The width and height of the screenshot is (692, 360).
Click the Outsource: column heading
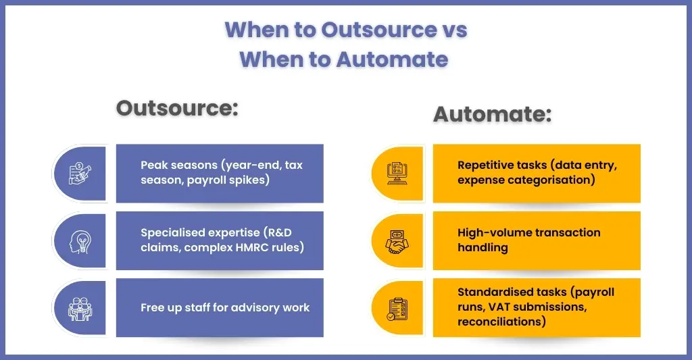(177, 109)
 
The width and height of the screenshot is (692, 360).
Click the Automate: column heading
(493, 114)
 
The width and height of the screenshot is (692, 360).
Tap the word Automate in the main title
(392, 59)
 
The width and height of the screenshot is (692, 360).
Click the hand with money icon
(80, 174)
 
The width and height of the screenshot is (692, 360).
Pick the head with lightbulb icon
(80, 241)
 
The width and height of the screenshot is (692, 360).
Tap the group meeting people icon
(80, 309)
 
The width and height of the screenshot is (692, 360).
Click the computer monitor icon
(397, 174)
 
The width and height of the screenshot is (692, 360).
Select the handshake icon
(397, 241)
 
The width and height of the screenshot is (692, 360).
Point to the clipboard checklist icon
(397, 309)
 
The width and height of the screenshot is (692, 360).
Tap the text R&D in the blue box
(278, 232)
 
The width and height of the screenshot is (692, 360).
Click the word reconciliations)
(502, 322)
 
